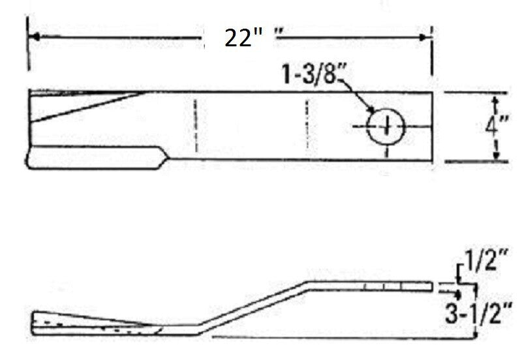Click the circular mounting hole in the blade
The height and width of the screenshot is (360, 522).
click(x=386, y=125)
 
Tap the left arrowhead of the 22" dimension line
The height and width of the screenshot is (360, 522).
click(x=37, y=38)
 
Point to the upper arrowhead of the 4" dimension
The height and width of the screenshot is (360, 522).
click(x=496, y=100)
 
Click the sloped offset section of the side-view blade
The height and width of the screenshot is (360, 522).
click(x=254, y=307)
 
